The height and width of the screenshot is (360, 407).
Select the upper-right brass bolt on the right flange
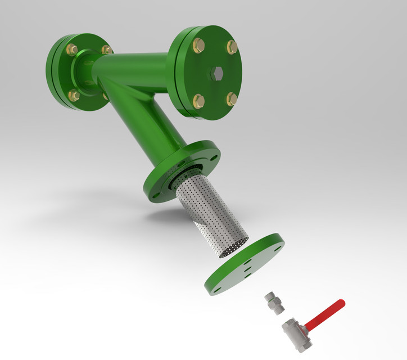point(232,46)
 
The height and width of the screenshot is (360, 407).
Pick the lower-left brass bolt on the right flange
point(198,101)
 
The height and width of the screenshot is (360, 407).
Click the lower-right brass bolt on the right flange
point(232,100)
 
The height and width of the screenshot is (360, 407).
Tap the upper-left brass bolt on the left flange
point(73,50)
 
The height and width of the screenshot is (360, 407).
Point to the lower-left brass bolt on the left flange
point(73,96)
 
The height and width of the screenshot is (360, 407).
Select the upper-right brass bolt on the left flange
point(106,49)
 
